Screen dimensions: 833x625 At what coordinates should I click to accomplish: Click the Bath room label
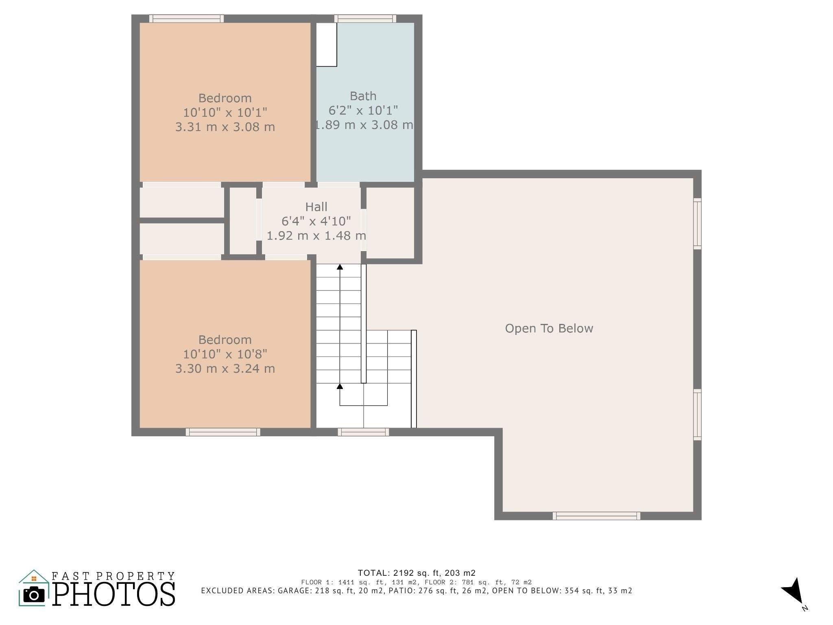363,96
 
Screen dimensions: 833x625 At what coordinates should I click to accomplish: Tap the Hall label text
316,207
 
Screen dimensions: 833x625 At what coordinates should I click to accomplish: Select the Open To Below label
549,328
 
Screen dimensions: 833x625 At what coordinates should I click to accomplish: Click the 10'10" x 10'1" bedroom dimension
225,112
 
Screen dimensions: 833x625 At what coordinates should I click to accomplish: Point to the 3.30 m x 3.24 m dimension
225,369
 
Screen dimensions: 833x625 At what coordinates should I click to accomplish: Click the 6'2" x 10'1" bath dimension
363,110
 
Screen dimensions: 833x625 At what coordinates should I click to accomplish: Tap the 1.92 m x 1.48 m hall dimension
316,236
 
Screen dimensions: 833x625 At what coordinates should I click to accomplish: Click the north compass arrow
792,591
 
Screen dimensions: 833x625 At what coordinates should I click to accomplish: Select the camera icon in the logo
34,595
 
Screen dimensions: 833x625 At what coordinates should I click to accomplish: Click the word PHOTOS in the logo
114,594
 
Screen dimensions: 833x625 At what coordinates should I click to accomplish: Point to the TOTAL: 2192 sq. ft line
416,573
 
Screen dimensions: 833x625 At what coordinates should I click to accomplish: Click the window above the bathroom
365,18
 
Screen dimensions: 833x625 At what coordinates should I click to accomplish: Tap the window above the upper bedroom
186,18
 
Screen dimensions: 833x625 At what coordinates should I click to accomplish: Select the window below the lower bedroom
223,432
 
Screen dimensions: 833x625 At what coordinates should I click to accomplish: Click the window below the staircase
363,432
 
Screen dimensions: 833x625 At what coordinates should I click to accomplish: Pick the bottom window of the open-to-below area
596,516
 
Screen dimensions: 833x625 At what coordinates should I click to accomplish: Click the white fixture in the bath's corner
327,44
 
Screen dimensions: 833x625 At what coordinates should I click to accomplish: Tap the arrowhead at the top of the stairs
340,267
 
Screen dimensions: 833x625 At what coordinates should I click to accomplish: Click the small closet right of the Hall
390,223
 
